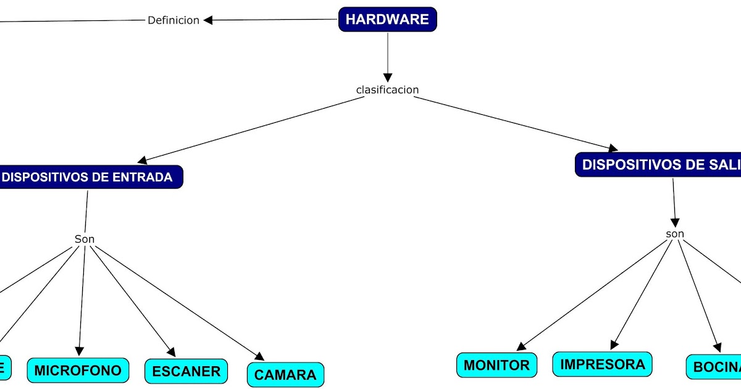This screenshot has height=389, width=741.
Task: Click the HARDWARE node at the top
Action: click(x=387, y=19)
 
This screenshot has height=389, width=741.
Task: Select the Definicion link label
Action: click(x=174, y=20)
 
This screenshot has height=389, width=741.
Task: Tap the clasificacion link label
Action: click(x=387, y=90)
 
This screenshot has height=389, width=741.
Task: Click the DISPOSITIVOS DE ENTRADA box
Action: click(x=88, y=177)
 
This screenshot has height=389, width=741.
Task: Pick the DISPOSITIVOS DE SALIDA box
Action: click(x=658, y=165)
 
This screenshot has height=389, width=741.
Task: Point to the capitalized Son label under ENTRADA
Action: click(x=85, y=239)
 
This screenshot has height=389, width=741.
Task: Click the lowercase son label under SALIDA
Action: click(x=675, y=234)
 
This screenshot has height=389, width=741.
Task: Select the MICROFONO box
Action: click(x=78, y=370)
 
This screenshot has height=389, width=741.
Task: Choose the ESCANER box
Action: click(x=186, y=371)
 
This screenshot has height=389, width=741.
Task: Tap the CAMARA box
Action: click(x=285, y=374)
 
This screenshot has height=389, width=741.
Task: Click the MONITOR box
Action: click(x=496, y=365)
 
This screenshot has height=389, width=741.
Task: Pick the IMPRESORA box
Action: click(x=602, y=364)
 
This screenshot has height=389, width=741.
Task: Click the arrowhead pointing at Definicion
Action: click(x=208, y=20)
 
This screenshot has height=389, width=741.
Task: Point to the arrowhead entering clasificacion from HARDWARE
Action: click(x=387, y=78)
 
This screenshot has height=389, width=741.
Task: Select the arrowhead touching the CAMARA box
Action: click(x=261, y=357)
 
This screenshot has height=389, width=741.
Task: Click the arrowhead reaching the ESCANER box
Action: click(x=171, y=352)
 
